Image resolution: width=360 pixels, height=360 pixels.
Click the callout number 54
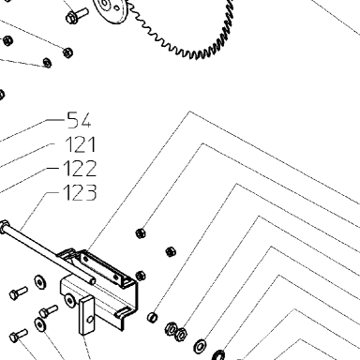pos(80,121)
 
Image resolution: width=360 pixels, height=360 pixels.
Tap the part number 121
pos(81,144)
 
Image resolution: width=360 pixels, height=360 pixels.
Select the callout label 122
pos(80,169)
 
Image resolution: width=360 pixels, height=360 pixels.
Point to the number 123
pos(80,192)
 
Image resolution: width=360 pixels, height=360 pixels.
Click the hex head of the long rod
pos(4,227)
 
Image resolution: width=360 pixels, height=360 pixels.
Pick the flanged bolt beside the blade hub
pos(77,15)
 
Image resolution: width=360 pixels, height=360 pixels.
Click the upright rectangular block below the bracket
pos(86,316)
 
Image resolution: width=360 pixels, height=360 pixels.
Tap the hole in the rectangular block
pos(90,320)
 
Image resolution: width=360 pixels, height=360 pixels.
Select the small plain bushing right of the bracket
pos(152,317)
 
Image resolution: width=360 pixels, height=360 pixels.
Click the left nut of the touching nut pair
pos(171,329)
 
